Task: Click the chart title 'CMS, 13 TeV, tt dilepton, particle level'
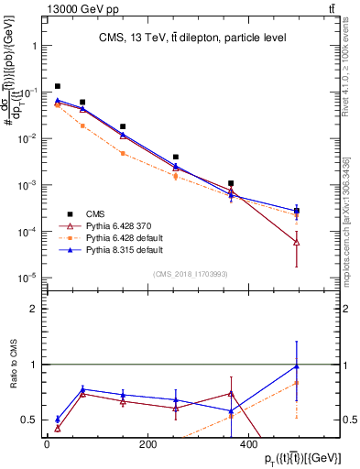(192, 38)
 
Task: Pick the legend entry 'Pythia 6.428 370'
(119, 224)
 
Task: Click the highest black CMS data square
(58, 86)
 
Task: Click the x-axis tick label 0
(47, 444)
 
